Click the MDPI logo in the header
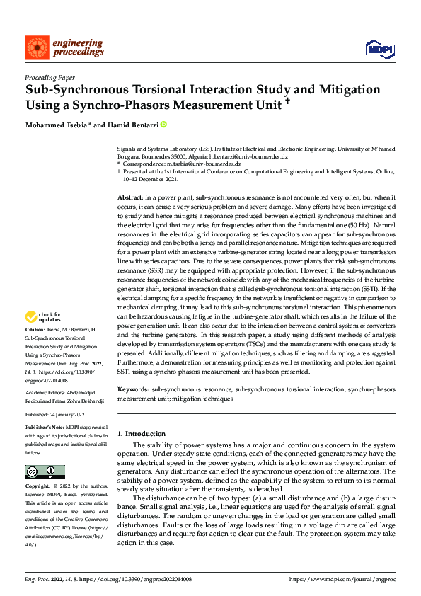(x=379, y=47)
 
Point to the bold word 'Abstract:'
(x=131, y=195)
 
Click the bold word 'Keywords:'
(x=132, y=389)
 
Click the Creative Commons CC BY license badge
(x=45, y=472)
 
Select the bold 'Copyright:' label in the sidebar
(x=38, y=488)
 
